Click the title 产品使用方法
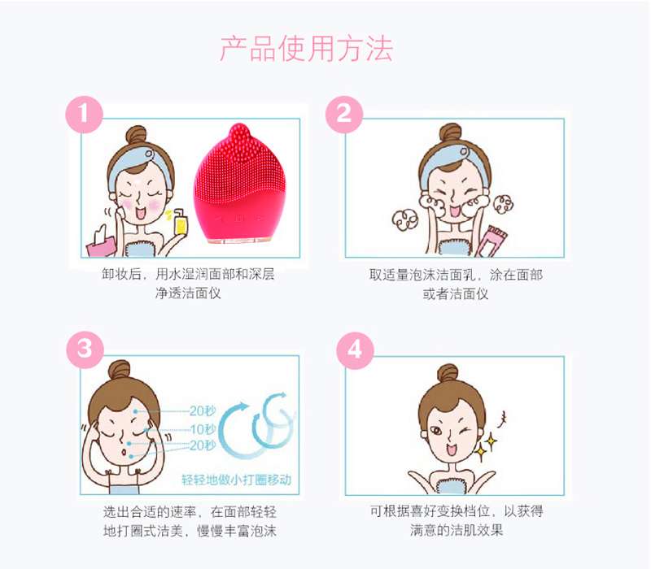click(307, 49)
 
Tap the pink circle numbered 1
click(85, 114)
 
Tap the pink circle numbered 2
click(343, 114)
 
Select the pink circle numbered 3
click(85, 350)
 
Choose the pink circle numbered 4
click(355, 350)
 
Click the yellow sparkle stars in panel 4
click(486, 445)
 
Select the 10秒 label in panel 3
click(203, 429)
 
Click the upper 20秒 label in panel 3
click(203, 410)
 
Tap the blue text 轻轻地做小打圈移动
click(237, 480)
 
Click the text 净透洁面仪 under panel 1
click(188, 293)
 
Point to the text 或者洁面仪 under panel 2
click(456, 294)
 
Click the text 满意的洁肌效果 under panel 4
click(457, 530)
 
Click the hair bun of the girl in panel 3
click(119, 370)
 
